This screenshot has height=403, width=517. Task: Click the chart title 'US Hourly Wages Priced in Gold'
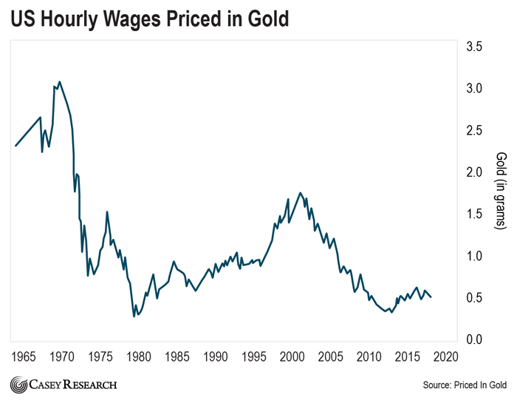click(x=148, y=19)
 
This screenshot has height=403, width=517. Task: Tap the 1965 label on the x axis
click(x=26, y=356)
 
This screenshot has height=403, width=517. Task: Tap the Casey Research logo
click(x=64, y=385)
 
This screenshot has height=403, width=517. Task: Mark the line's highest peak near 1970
click(x=60, y=81)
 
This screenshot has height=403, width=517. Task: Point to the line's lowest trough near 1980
click(x=134, y=316)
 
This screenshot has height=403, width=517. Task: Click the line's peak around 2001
click(x=300, y=193)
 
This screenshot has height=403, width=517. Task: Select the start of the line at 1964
click(x=15, y=146)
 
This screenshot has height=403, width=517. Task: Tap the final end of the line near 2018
click(x=431, y=297)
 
